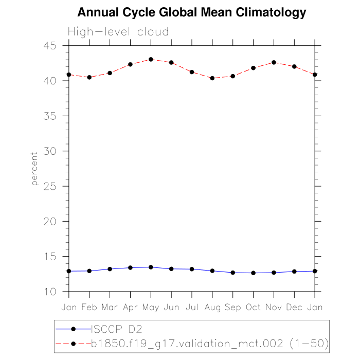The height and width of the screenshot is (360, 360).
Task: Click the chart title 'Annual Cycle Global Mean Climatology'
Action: [191, 12]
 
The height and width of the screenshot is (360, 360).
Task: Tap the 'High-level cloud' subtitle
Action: [118, 32]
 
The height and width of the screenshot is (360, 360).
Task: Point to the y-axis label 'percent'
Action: [34, 169]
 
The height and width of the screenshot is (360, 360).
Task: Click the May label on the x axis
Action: [151, 307]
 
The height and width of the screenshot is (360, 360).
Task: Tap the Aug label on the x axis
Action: [212, 307]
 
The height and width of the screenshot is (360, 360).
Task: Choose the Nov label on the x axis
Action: [274, 307]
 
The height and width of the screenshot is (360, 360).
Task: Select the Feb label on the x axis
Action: [89, 307]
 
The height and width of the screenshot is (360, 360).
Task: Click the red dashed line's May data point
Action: [151, 59]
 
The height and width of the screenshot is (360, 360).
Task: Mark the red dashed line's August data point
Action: [212, 78]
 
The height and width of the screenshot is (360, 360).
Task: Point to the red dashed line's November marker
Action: [274, 62]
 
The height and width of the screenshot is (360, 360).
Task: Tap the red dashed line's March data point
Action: [110, 73]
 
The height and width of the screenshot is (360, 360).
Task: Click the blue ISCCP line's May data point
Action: [151, 267]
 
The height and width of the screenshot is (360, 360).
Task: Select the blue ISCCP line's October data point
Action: [253, 273]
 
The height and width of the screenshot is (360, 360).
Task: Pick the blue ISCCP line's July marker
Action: [192, 269]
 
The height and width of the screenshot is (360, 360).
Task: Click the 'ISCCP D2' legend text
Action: [116, 329]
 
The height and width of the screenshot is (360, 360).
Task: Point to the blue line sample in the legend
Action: [73, 329]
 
